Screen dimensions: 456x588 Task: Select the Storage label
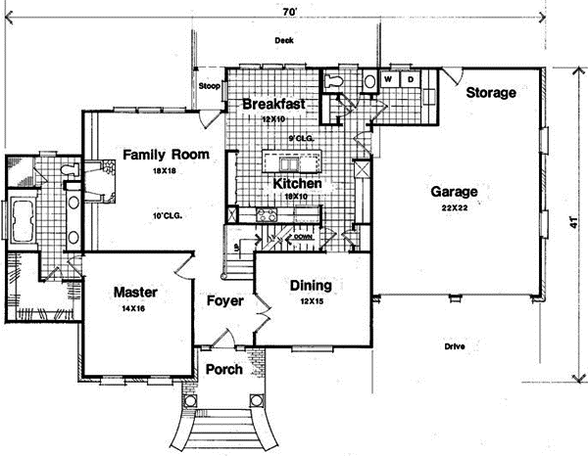490,94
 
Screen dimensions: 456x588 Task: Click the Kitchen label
292,183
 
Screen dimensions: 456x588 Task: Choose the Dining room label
310,287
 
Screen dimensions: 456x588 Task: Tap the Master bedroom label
135,293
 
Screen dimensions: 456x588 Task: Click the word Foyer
224,300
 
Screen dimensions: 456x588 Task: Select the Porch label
224,370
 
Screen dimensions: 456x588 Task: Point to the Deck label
284,41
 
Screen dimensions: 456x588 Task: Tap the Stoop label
209,86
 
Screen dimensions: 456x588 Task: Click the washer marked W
388,77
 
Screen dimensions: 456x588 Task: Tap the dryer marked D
411,77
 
